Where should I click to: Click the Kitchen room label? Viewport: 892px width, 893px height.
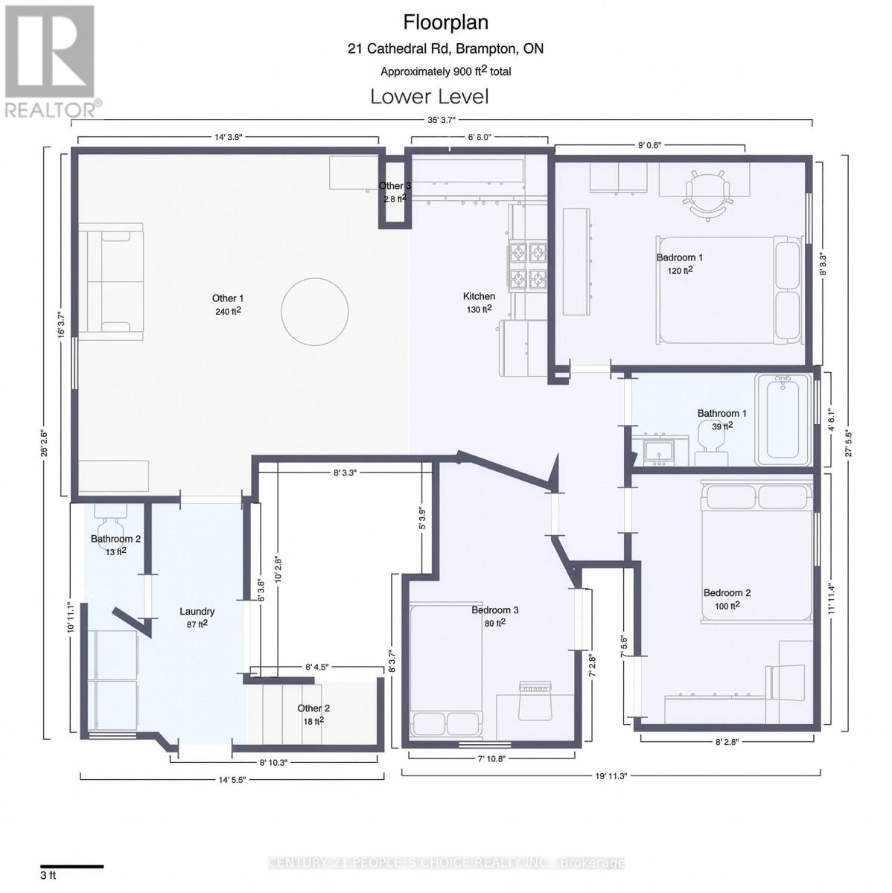(x=479, y=296)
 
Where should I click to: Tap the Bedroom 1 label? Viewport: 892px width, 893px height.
(x=679, y=257)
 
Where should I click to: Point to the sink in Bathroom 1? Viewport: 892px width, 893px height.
(x=659, y=451)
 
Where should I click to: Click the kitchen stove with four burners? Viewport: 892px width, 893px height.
(x=527, y=266)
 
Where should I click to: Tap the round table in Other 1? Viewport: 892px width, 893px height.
(x=315, y=311)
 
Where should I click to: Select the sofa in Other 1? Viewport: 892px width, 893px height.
(x=112, y=281)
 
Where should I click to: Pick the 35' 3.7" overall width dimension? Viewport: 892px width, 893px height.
(x=442, y=119)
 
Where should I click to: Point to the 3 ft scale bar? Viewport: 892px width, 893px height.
(x=71, y=866)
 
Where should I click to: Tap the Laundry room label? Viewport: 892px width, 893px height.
(x=197, y=612)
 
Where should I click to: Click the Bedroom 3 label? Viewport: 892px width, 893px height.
(x=494, y=610)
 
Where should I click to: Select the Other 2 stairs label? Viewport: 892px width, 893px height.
(x=313, y=708)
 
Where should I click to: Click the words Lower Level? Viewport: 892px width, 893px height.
(x=430, y=97)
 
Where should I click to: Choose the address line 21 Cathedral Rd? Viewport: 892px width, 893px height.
(x=445, y=49)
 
